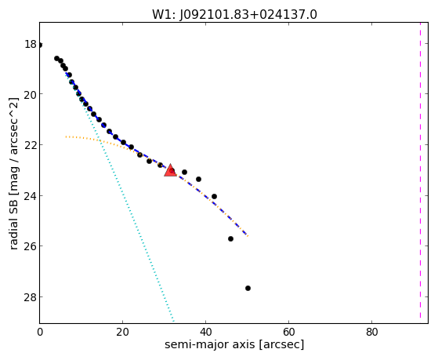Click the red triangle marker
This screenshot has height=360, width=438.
pos(170,171)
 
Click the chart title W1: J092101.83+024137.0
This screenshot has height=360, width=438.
pos(234,14)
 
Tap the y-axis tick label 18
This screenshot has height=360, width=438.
pos(31,44)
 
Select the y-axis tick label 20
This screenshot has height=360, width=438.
pos(31,95)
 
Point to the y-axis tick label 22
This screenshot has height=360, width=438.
pos(31,145)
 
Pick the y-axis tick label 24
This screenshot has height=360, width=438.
pos(31,196)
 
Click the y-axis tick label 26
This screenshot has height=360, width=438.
pos(31,247)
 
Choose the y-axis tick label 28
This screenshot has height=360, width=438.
pos(31,297)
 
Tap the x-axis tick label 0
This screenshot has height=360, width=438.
pos(40,332)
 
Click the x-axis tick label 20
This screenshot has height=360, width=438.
pos(123,332)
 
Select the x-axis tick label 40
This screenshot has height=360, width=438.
pos(205,332)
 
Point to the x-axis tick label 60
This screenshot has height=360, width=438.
pos(289,332)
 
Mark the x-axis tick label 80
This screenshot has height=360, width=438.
pos(372,332)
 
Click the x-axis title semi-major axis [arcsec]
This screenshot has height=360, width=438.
pos(234,344)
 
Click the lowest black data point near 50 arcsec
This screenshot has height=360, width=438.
pos(248,288)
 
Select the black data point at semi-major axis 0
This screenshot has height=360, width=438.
pos(40,45)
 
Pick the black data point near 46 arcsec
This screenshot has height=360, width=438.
pos(230,238)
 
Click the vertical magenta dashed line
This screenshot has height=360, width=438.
pos(420,171)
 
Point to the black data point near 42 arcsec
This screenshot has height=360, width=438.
pos(214,196)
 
